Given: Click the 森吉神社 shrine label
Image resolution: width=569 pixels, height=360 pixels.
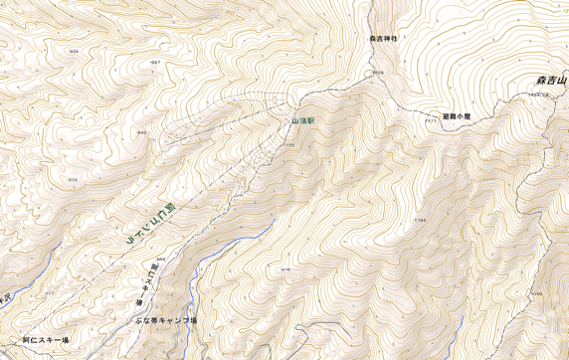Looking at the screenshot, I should (x=383, y=38).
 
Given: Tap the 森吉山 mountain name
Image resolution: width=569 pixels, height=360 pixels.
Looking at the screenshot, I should (x=550, y=80).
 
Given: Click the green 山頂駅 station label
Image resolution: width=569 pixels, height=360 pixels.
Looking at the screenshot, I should (x=302, y=120).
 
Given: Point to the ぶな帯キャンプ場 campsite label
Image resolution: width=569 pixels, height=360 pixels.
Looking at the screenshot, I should (x=166, y=320).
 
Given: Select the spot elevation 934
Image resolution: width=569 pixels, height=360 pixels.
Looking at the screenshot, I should (x=74, y=50).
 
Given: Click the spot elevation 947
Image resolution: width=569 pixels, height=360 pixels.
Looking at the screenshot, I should (x=155, y=63).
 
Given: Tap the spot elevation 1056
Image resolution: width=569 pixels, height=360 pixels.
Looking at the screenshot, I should (x=536, y=293).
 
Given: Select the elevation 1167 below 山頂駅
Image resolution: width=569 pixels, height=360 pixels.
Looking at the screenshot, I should (x=289, y=145).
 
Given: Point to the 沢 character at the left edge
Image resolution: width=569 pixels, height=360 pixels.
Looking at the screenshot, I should (x=4, y=296).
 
